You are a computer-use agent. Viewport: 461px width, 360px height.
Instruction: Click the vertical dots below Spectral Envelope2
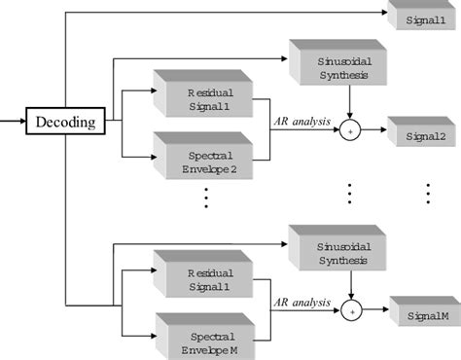pyautogui.click(x=207, y=198)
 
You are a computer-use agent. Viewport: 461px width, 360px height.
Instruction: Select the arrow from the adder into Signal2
pyautogui.click(x=373, y=130)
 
